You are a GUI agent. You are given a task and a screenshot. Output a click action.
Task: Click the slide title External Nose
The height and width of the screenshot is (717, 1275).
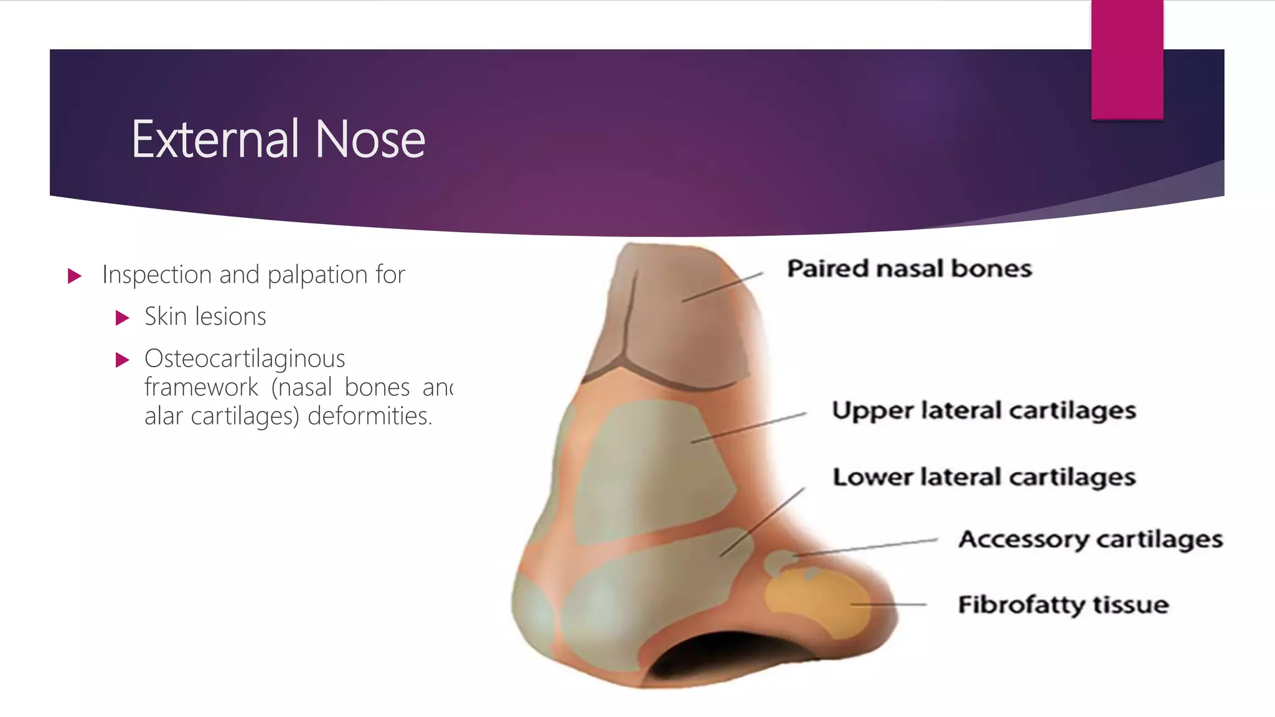(278, 139)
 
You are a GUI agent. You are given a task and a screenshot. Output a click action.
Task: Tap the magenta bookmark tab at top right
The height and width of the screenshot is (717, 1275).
(1127, 60)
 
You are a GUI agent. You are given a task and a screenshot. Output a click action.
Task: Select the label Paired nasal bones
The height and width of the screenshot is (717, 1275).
(909, 269)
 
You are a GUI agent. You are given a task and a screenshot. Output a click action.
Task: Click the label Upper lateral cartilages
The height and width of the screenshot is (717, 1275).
(984, 411)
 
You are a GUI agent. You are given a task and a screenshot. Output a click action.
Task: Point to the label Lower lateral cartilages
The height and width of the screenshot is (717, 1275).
(984, 477)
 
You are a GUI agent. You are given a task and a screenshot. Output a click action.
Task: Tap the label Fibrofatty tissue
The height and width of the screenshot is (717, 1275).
(1063, 605)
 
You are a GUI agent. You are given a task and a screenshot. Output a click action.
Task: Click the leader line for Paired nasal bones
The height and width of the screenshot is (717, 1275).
(722, 287)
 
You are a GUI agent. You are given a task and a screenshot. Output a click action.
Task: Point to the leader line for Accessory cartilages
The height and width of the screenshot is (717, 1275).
(865, 547)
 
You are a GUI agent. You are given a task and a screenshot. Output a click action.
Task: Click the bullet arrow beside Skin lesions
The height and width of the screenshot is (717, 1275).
(123, 318)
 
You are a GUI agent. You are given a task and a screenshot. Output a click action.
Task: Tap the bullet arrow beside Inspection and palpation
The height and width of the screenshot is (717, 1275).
(75, 276)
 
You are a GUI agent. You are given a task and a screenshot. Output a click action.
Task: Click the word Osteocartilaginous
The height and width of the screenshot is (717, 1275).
(245, 359)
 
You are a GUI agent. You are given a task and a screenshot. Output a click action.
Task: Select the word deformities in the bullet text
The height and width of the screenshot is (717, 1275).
(370, 416)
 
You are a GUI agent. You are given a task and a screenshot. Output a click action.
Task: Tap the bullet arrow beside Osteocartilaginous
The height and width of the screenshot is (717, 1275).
(123, 360)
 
